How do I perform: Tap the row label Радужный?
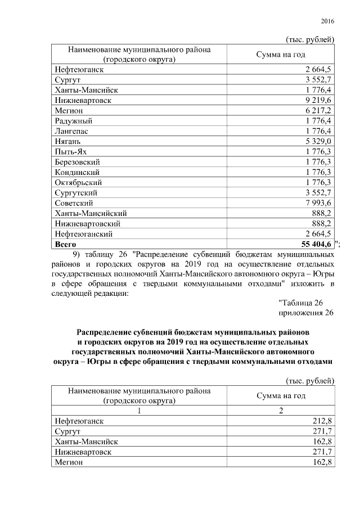tap(73, 121)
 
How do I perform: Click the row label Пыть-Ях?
tap(70, 152)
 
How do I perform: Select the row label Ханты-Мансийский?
tap(91, 213)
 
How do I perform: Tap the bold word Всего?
tap(66, 244)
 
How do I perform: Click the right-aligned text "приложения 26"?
tap(306, 313)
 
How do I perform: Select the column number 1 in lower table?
tap(138, 410)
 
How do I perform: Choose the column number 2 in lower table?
tap(280, 410)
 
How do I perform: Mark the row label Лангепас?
tap(71, 131)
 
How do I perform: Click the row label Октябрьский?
tap(78, 182)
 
